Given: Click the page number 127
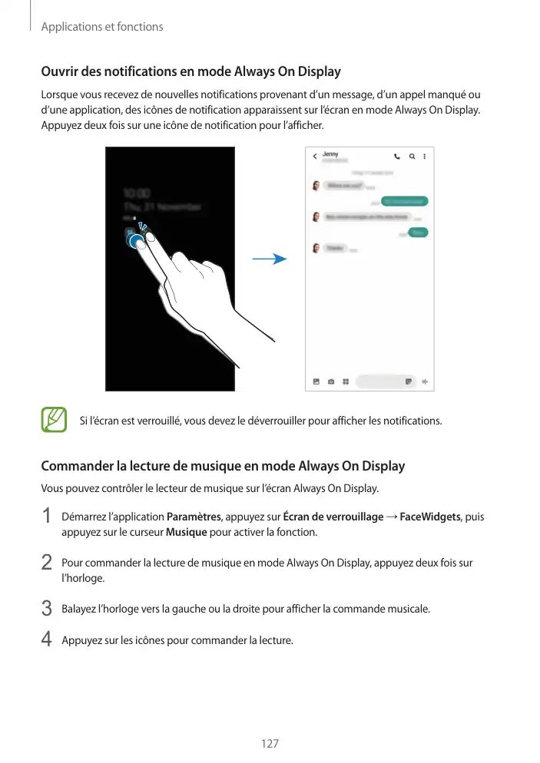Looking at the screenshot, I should point(270,744).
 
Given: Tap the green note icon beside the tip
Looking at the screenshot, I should point(55,420).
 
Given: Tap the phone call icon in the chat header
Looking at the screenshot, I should point(397,157).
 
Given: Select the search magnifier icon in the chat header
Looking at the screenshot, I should point(412,157).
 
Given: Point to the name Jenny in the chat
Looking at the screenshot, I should point(330,154).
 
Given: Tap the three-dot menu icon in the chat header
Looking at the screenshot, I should point(424,157).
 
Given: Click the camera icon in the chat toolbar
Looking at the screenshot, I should point(331,381).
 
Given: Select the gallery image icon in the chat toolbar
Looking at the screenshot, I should point(316,381).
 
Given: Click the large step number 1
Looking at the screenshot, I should point(47,517).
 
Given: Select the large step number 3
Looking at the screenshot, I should point(47,609).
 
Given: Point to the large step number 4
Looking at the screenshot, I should point(47,639).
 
